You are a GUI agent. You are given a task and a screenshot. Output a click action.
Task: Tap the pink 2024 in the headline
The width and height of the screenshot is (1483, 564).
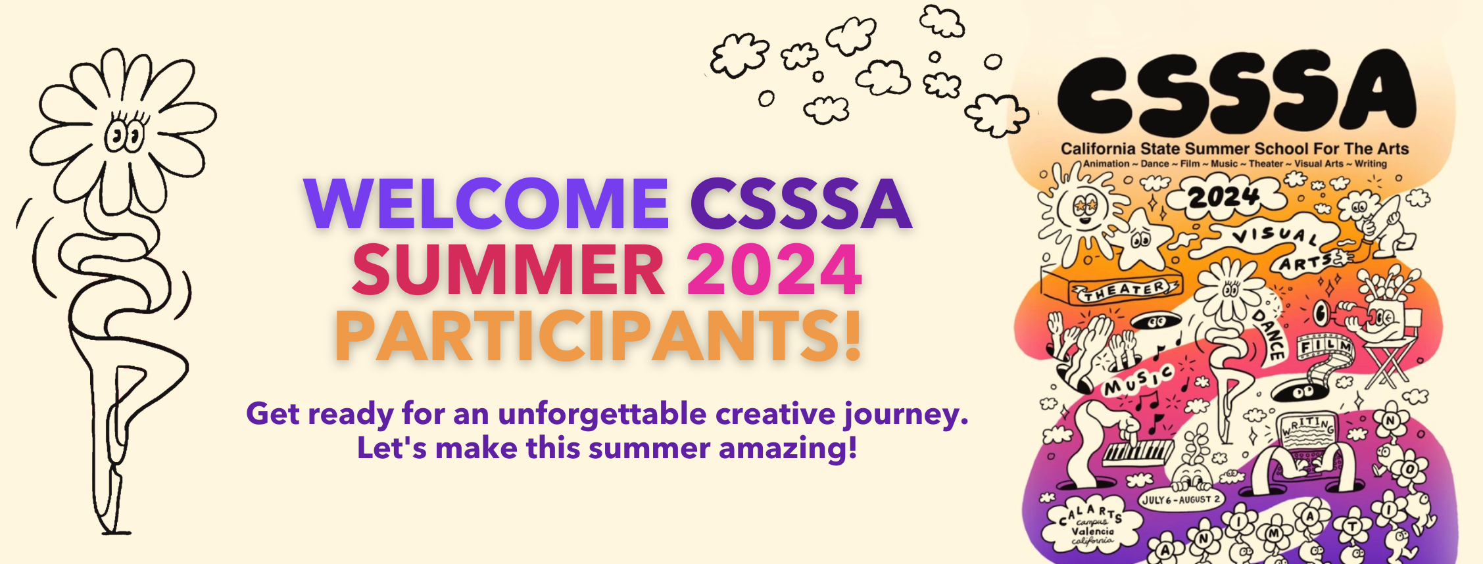(774, 270)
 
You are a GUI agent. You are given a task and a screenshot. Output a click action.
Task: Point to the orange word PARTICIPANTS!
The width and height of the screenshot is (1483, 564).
(598, 337)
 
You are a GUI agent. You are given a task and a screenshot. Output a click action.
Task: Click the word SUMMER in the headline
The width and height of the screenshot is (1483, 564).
(508, 270)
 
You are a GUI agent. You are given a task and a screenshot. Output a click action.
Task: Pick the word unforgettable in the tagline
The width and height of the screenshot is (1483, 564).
(602, 414)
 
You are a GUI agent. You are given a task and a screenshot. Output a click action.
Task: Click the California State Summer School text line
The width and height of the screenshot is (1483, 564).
(1234, 149)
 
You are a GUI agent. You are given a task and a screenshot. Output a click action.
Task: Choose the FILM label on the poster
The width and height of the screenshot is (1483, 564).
(1325, 346)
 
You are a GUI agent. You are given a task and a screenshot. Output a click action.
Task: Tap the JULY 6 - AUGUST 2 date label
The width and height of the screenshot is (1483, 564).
(1180, 500)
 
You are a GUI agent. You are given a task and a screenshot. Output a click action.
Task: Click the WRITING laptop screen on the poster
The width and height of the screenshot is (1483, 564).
(1309, 431)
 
